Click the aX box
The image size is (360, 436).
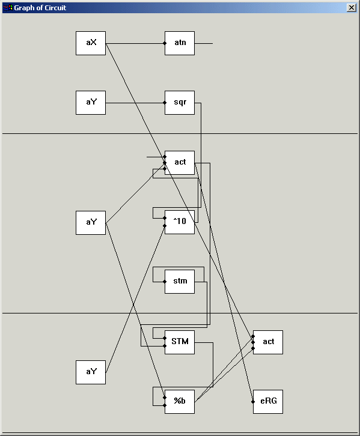tap(91, 43)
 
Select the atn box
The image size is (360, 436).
tap(180, 43)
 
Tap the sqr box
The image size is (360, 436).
tap(180, 103)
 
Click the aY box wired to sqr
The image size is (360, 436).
tap(91, 103)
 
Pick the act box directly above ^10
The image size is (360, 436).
tap(180, 163)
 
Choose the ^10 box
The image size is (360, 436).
tap(180, 222)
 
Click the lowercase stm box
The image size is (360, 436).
tap(180, 282)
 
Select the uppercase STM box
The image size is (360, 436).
tap(180, 342)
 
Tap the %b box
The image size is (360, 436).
tap(180, 402)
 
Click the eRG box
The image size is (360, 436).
tap(268, 402)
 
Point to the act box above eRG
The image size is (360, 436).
tap(268, 342)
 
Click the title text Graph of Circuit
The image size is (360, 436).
tap(40, 8)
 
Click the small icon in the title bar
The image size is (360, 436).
tap(7, 8)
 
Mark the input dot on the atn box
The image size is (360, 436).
tap(165, 43)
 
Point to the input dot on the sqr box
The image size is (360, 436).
tap(165, 103)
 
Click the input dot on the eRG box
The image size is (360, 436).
tap(253, 402)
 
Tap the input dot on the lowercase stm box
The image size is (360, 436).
tap(165, 282)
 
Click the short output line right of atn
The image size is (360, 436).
tap(204, 43)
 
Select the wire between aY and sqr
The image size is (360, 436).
tap(135, 103)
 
